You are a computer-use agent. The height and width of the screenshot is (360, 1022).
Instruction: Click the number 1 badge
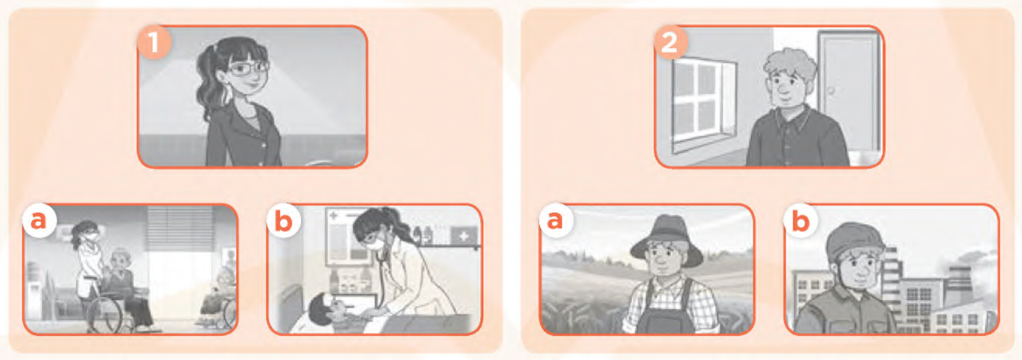pos(155,43)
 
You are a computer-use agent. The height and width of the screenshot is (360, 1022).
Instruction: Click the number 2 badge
pos(671,43)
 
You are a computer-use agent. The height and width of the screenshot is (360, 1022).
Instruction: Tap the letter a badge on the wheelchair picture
pos(39,220)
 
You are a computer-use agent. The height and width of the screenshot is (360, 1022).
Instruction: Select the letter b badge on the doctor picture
pos(284,221)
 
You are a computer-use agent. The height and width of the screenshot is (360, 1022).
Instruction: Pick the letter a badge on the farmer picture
pos(556,221)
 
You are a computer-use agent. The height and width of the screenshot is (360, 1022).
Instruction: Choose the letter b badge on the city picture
pos(800,221)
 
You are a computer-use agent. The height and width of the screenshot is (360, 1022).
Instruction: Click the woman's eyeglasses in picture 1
pos(248,68)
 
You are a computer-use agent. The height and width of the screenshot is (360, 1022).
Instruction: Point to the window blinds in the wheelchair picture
pos(180,228)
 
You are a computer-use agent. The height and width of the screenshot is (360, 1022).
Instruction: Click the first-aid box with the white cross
pos(464,236)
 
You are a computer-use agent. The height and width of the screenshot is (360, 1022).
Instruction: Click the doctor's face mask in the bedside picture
pos(378,241)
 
